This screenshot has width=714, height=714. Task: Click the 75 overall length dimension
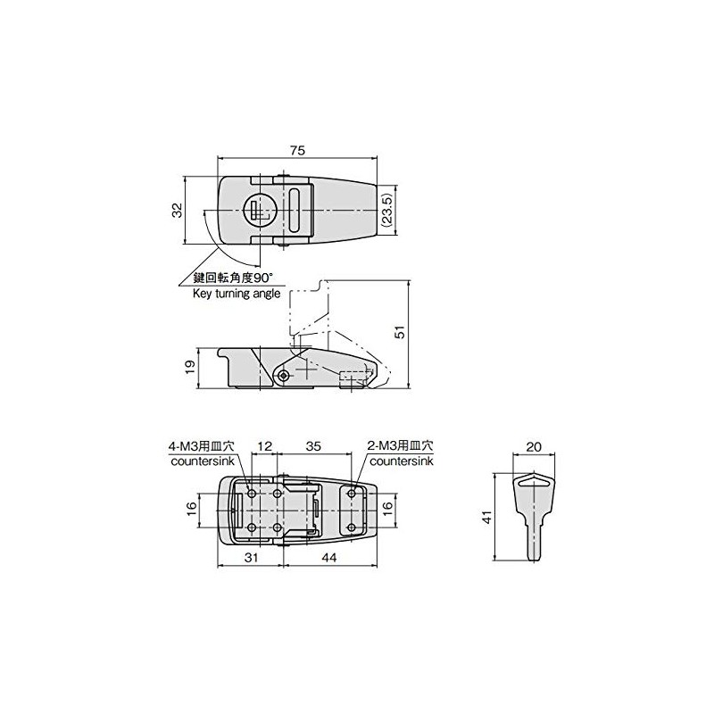[297, 150]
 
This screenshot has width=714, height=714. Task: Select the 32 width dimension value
[177, 210]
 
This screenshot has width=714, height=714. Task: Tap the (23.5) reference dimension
[386, 211]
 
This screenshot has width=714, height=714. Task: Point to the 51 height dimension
[401, 332]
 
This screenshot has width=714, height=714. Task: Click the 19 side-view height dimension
[190, 367]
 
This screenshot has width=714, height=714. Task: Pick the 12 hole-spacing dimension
[264, 445]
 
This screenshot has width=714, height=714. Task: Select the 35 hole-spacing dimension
[313, 445]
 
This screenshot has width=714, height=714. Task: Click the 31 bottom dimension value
[251, 557]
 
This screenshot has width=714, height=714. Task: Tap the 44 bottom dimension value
[328, 557]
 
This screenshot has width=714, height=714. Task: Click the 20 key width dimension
[534, 447]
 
